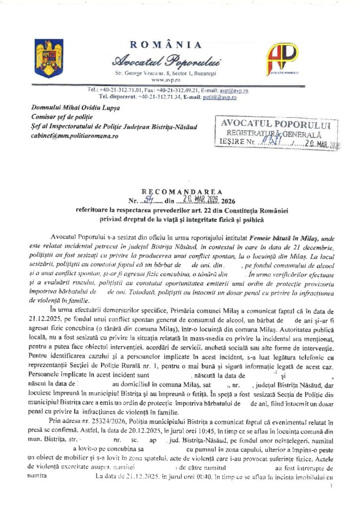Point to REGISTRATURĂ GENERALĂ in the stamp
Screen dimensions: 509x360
pyautogui.click(x=274, y=133)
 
